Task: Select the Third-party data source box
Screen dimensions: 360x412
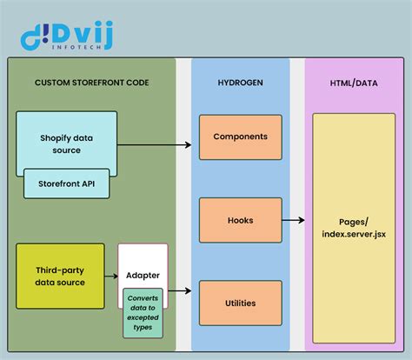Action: (60, 277)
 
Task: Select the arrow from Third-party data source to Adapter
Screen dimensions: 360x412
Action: (110, 277)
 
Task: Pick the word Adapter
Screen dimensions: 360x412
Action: (143, 274)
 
